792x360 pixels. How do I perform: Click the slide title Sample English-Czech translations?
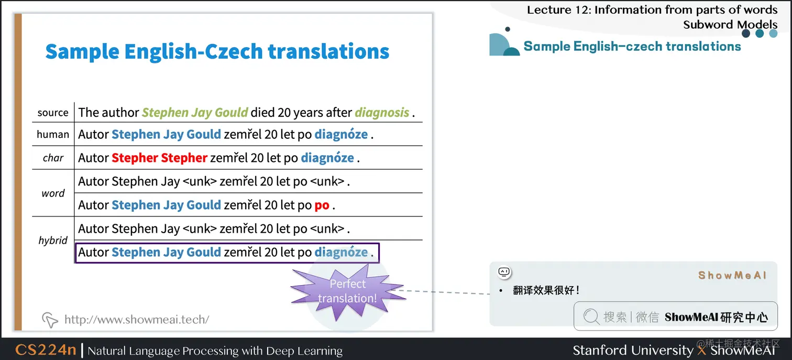pos(217,52)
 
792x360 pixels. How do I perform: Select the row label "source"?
pos(53,112)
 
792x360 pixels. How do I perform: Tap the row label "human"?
pos(53,134)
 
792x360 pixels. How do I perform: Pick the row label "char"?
pos(53,158)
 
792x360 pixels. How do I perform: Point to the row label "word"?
pos(53,193)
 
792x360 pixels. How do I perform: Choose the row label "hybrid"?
pos(53,241)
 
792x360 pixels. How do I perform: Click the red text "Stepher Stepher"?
pos(160,158)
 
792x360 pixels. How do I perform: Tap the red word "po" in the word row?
pos(322,205)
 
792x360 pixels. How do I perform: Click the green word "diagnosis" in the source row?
pos(382,112)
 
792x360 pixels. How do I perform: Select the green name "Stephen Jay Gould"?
pos(195,112)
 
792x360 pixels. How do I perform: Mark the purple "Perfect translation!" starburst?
pos(347,291)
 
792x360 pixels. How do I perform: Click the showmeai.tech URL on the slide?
pos(137,319)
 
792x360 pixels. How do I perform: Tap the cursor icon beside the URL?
pos(50,319)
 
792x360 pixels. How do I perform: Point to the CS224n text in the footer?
pos(46,350)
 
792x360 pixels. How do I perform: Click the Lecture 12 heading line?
pos(652,10)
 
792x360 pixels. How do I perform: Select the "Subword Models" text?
pos(730,24)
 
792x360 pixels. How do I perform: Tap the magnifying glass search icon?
pos(591,317)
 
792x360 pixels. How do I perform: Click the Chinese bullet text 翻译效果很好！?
pos(546,290)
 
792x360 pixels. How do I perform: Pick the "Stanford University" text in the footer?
pos(633,350)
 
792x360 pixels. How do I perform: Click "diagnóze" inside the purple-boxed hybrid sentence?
pos(341,252)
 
